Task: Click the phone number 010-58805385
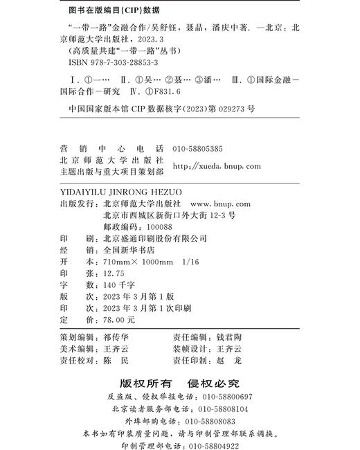198,149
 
